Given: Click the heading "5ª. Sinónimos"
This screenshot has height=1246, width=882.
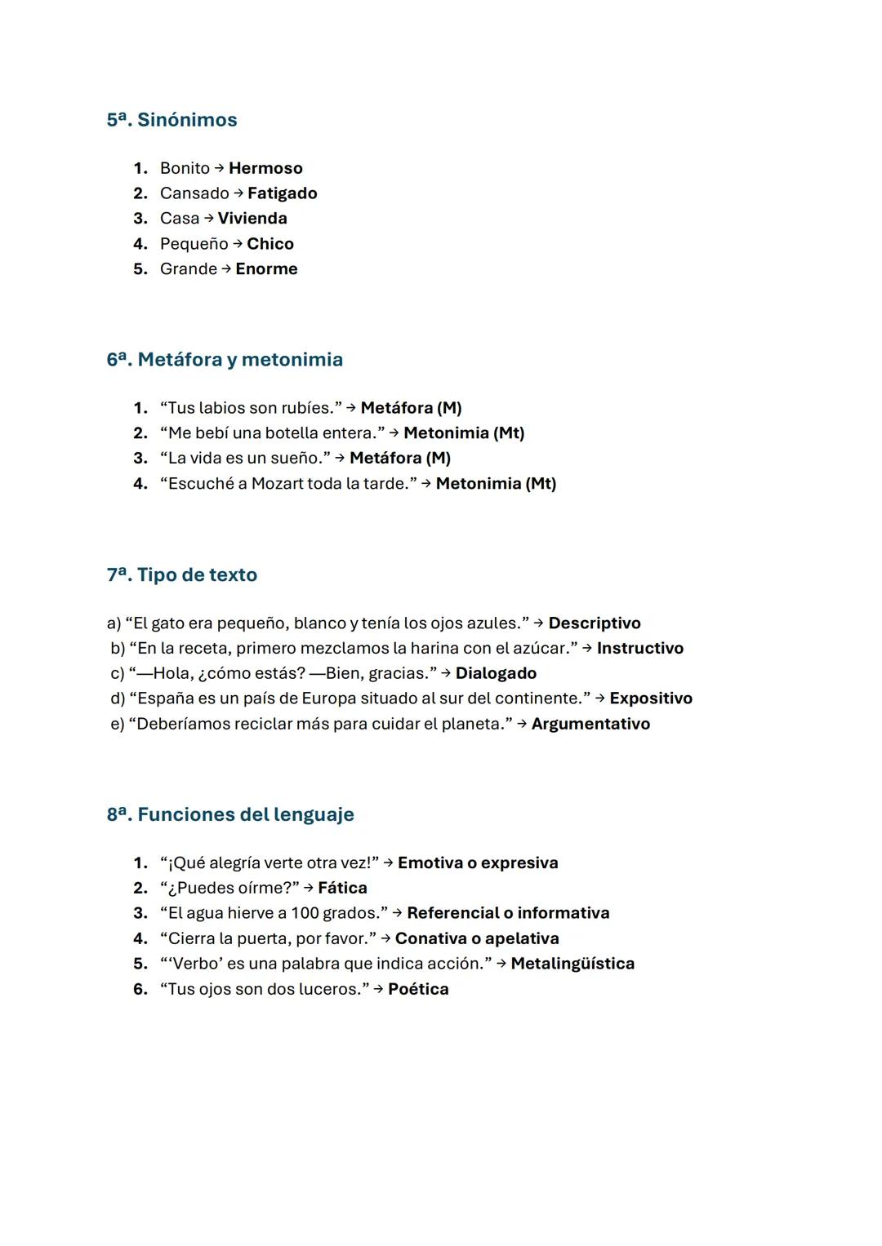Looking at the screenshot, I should tap(171, 120).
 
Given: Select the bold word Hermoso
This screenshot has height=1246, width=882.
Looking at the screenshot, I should tap(265, 168).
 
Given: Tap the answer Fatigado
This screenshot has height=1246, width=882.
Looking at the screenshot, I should tap(282, 193).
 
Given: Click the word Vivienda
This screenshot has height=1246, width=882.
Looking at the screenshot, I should tap(252, 219).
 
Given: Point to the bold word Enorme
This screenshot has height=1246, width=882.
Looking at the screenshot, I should tap(266, 269).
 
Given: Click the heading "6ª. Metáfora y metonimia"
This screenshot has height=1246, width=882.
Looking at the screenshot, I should tap(225, 360).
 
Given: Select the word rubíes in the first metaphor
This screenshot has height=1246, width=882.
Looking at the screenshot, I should tap(309, 408).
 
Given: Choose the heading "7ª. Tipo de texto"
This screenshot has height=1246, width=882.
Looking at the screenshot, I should tap(181, 575).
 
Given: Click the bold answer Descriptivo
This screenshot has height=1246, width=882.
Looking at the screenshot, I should tap(594, 623).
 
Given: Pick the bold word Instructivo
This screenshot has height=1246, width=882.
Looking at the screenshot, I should tap(639, 649).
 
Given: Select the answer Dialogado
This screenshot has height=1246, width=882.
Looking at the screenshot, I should tap(496, 674).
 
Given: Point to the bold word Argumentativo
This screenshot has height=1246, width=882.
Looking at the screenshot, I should tap(590, 725).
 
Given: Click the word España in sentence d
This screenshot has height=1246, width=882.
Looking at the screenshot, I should tap(166, 699).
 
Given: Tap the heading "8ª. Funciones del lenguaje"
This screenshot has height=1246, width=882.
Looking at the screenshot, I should tap(230, 815).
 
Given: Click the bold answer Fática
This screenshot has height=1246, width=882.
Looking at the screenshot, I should tap(342, 889).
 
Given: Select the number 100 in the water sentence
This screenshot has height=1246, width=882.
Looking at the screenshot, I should tap(305, 914).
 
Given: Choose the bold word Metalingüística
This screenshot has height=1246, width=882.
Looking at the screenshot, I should tap(572, 964).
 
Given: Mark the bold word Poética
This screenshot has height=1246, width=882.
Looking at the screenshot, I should tap(418, 990).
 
